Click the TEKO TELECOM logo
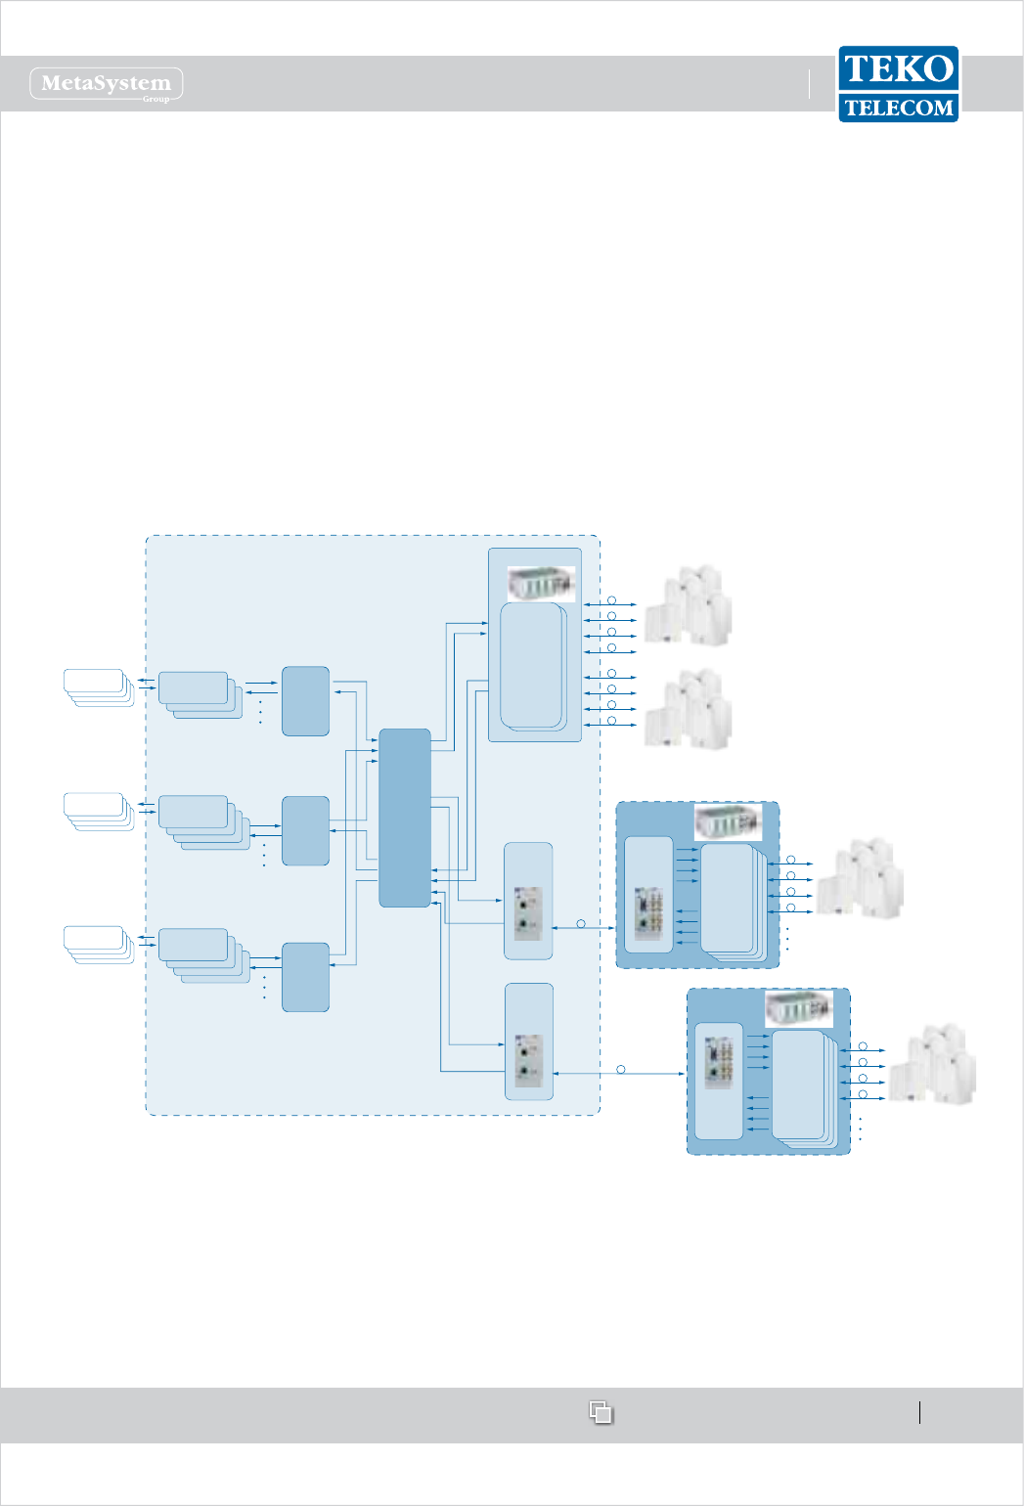point(898,84)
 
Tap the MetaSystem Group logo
point(107,84)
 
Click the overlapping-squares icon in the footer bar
point(601,1412)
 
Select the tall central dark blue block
point(405,818)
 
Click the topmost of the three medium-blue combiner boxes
point(305,701)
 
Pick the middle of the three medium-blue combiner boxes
point(305,830)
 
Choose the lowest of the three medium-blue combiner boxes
point(305,977)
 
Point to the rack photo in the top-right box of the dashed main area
point(541,584)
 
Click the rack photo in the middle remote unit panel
point(728,821)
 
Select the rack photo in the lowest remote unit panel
point(798,1008)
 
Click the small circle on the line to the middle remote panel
point(581,924)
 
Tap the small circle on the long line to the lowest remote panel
point(621,1070)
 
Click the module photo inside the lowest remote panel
point(719,1062)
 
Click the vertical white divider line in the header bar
point(810,84)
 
